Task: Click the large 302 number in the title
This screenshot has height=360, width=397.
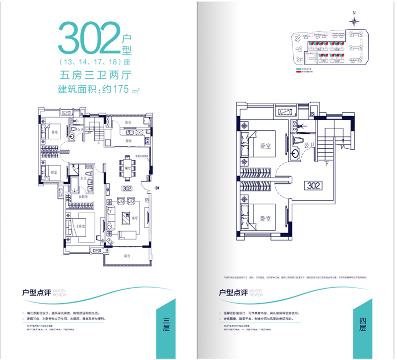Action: pos(89,37)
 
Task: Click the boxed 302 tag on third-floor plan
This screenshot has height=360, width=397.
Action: pos(126,188)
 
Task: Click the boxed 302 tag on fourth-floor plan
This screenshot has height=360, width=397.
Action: pos(314,185)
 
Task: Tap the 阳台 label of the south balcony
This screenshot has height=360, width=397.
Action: pos(127,256)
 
